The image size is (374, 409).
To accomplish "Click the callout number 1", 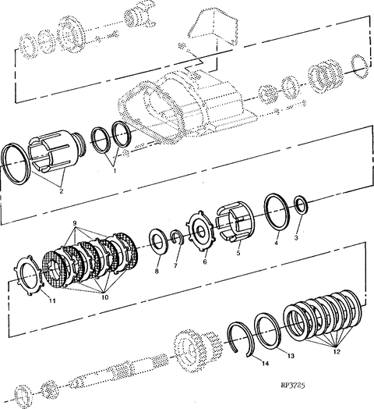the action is [114, 171].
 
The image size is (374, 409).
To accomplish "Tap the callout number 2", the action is [62, 191].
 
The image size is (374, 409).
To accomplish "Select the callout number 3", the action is [296, 237].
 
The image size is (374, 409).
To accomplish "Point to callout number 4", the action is [277, 243].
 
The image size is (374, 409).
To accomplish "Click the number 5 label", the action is [238, 253].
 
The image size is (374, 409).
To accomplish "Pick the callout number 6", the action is [205, 261].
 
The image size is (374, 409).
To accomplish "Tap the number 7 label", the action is [175, 265].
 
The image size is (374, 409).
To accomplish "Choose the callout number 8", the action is [157, 272].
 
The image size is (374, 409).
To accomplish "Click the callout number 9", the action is [75, 223].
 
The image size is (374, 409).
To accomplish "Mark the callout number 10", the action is [104, 297].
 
